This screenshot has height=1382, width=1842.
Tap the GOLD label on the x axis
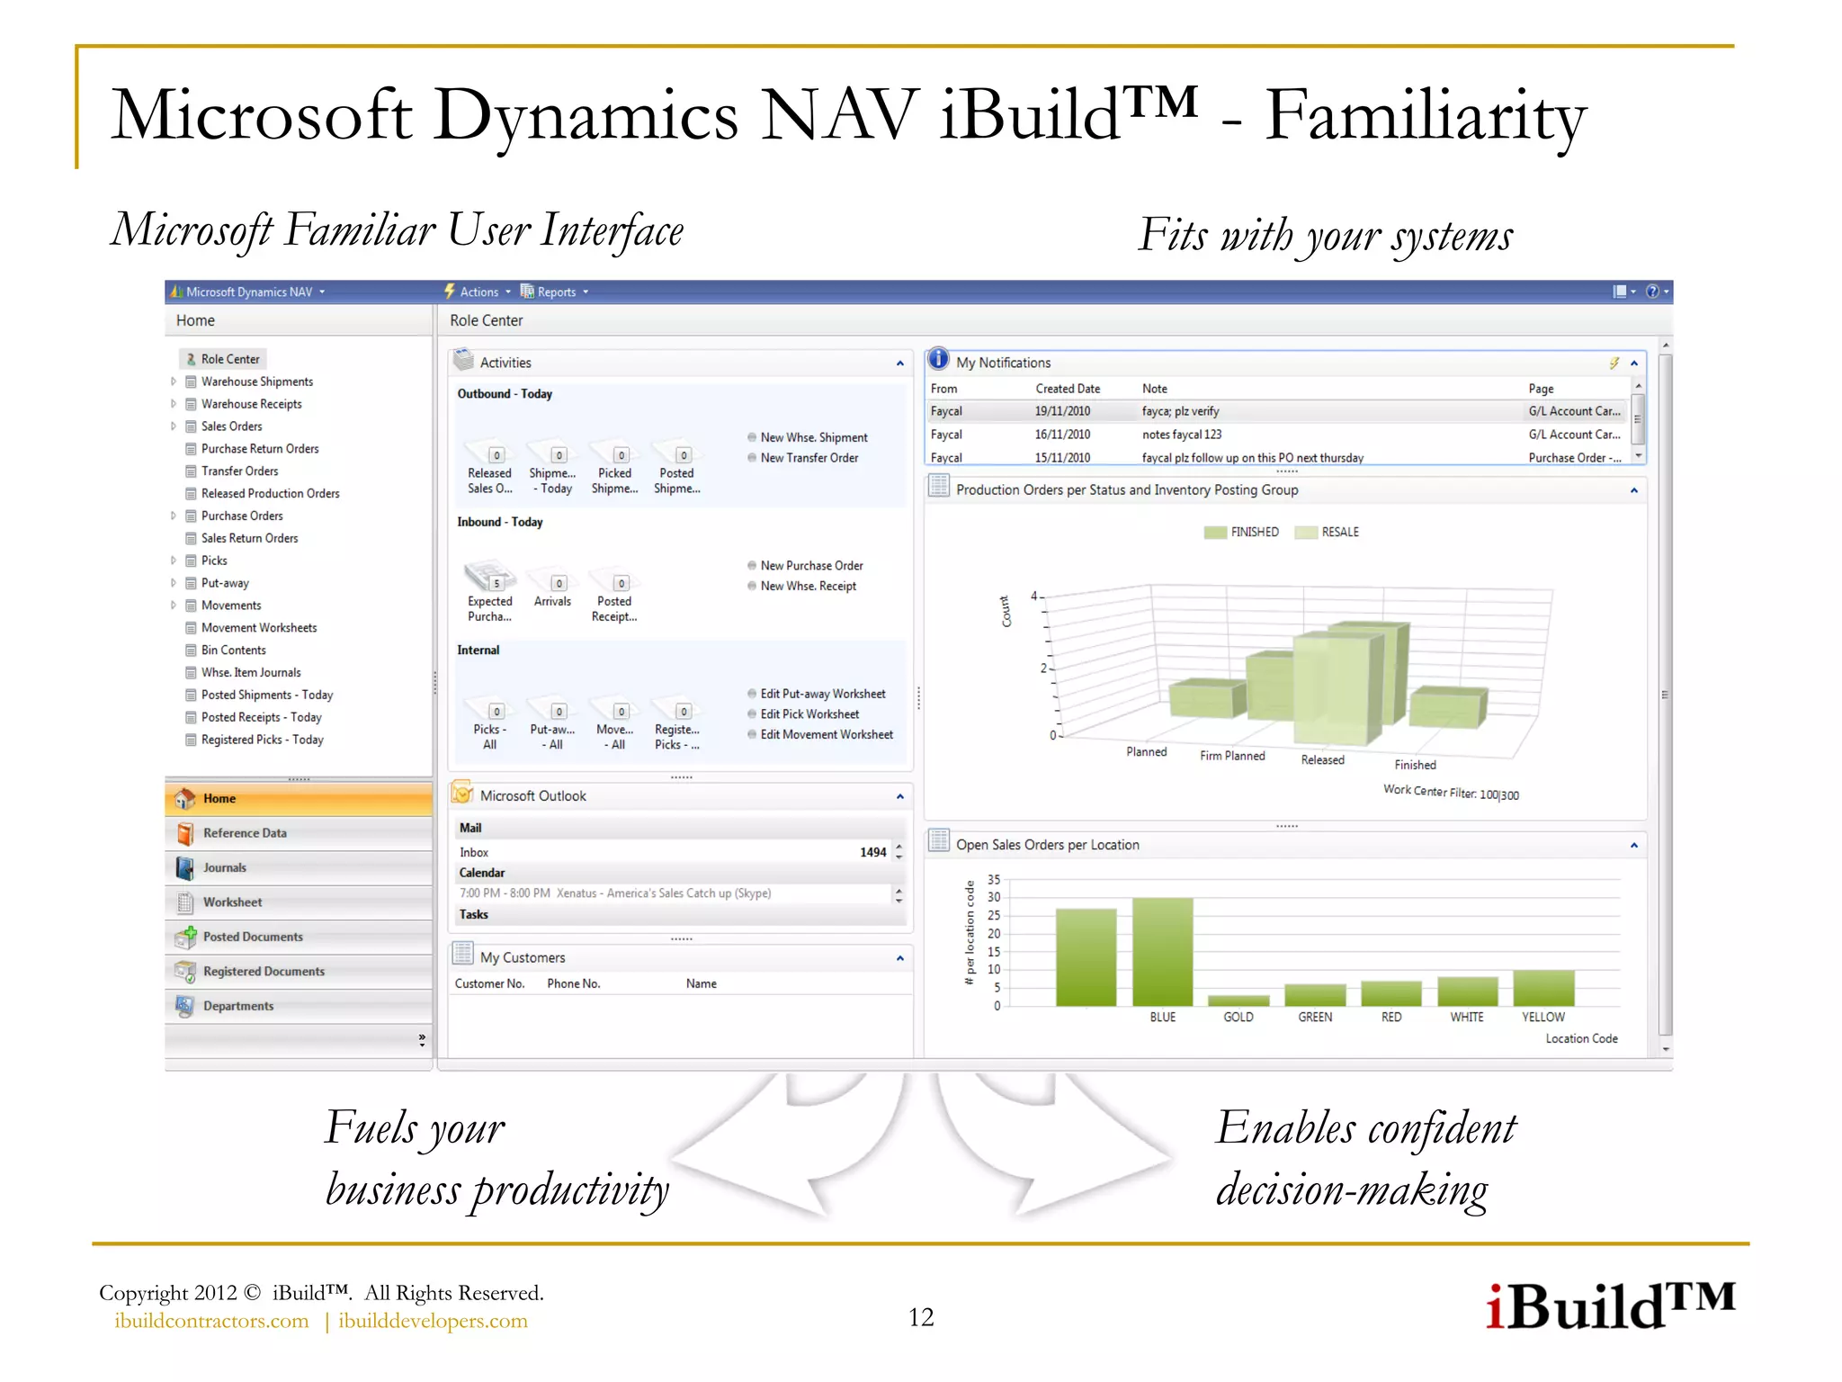click(x=1238, y=1017)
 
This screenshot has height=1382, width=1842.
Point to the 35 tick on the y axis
click(x=994, y=879)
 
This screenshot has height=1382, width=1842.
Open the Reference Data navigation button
click(x=245, y=833)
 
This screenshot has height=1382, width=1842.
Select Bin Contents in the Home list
click(x=233, y=650)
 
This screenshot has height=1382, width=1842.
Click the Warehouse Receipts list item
click(x=251, y=404)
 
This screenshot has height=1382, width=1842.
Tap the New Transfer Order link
click(x=809, y=458)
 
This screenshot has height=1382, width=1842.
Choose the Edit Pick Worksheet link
click(x=809, y=714)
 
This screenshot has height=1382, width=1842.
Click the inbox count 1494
click(x=872, y=852)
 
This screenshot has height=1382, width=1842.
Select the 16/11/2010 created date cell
click(x=1062, y=435)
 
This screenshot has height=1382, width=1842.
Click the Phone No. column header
click(x=573, y=983)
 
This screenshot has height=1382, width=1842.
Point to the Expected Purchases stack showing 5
click(x=489, y=576)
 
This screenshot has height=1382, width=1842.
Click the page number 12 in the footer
click(x=921, y=1317)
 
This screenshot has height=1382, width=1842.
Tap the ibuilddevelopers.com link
click(x=433, y=1321)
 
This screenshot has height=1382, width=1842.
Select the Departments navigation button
click(x=237, y=1006)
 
